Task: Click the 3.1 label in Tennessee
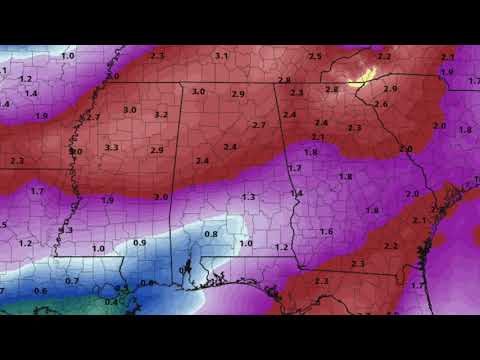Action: (x=221, y=56)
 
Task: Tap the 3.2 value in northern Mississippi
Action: (x=161, y=115)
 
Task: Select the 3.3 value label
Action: (x=111, y=147)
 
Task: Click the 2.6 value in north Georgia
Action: (x=381, y=104)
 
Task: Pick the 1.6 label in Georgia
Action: (x=326, y=231)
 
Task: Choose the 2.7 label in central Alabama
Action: (x=259, y=125)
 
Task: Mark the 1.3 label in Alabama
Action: (x=248, y=197)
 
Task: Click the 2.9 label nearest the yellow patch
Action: (x=390, y=89)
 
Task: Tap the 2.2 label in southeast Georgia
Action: (x=391, y=245)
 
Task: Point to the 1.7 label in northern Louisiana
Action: (x=37, y=190)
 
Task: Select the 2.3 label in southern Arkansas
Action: (x=16, y=160)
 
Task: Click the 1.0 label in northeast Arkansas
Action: (x=68, y=56)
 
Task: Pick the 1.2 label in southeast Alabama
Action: (x=282, y=246)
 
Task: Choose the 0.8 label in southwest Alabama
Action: (x=211, y=234)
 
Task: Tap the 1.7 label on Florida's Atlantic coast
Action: (x=417, y=285)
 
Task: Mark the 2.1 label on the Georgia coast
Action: (x=419, y=220)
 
